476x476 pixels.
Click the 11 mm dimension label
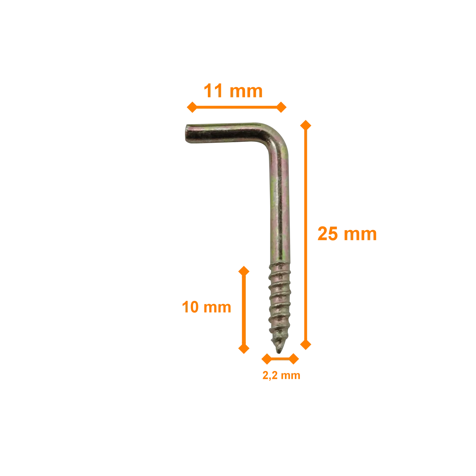pos(233,91)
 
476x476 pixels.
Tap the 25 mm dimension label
pos(347,234)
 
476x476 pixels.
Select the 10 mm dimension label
pos(207,307)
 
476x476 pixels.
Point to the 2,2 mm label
pos(281,375)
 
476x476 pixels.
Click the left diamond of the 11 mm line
pos(192,107)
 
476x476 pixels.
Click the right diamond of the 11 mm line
pos(281,107)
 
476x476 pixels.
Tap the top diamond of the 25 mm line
pos(306,125)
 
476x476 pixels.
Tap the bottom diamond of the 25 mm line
pos(306,344)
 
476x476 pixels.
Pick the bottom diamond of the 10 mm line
pos(244,348)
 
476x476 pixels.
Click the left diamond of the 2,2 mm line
pos(267,359)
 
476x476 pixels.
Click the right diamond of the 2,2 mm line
pos(294,359)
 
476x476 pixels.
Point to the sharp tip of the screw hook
pos(279,353)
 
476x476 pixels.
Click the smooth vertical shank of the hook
pos(280,209)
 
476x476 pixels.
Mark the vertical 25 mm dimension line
pos(306,235)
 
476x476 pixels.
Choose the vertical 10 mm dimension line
pos(244,310)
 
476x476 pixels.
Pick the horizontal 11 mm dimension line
pos(236,107)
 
